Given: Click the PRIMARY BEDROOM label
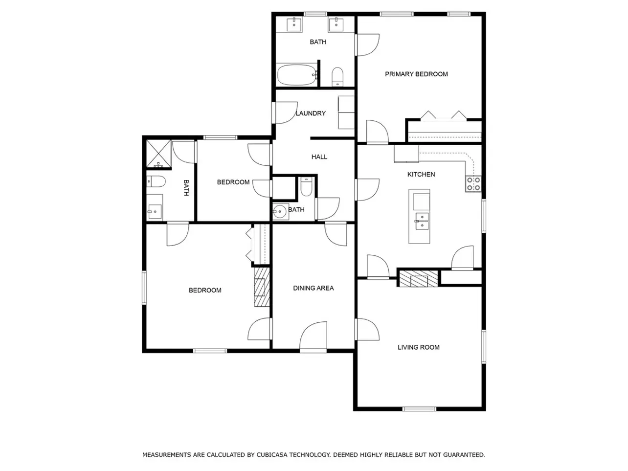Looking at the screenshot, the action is click(x=416, y=74).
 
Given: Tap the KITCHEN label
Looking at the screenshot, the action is click(x=421, y=175).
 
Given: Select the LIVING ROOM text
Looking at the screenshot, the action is click(x=419, y=347).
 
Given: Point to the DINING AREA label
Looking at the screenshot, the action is click(x=314, y=288).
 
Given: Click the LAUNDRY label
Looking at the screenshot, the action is click(x=311, y=113).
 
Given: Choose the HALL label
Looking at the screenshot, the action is click(x=319, y=157).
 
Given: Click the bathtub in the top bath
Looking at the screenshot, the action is click(x=297, y=75).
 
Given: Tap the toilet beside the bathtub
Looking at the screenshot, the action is click(x=337, y=77).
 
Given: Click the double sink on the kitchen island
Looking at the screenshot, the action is click(x=422, y=221).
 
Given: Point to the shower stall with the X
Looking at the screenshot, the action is click(x=158, y=154).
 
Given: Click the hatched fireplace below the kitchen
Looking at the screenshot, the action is click(x=419, y=278).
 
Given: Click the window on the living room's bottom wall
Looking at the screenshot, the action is click(x=419, y=409).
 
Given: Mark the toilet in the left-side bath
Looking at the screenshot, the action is click(x=156, y=181).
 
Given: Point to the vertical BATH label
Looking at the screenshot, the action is click(x=186, y=188).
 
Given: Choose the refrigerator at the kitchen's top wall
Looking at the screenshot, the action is click(x=406, y=154).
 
